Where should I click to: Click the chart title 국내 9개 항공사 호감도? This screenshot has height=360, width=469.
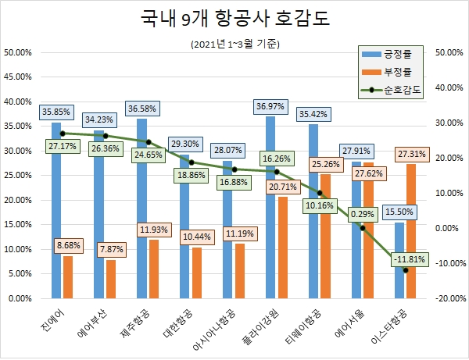[x=234, y=19]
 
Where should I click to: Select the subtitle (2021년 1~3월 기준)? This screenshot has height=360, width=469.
[x=234, y=44]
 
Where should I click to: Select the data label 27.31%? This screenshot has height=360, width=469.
[x=412, y=153]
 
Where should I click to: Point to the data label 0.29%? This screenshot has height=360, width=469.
[x=362, y=212]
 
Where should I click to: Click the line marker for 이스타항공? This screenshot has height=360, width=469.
[x=406, y=270]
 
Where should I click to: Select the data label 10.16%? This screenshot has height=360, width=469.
[x=320, y=205]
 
